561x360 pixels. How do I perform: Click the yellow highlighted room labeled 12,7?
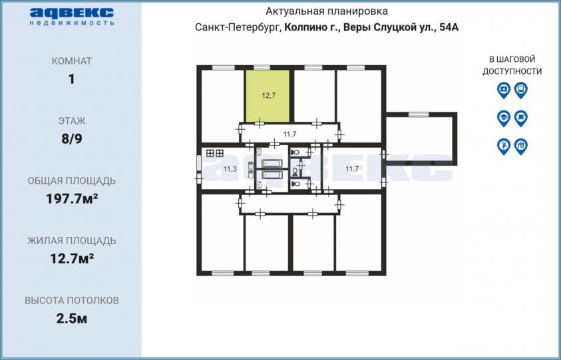tap(268, 96)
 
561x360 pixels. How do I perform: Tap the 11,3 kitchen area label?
tap(230, 169)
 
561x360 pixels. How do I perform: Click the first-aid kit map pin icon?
tap(504, 90)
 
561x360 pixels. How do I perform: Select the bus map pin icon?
tap(521, 90)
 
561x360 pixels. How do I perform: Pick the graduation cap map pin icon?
tap(504, 118)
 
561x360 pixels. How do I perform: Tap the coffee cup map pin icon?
tap(521, 118)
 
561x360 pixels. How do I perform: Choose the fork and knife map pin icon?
tap(521, 146)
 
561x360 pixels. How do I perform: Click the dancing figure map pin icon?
tap(504, 146)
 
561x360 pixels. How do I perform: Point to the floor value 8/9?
tap(72, 138)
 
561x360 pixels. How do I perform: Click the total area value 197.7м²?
tap(72, 198)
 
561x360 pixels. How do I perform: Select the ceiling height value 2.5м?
tap(72, 318)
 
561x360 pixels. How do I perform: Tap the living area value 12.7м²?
tap(72, 258)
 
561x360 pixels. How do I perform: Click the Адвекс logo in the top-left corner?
tap(72, 17)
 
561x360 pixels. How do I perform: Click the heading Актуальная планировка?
tap(326, 11)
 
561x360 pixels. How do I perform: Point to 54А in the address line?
tap(449, 27)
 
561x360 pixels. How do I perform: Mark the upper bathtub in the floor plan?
tap(272, 164)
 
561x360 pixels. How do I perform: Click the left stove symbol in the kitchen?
tap(210, 154)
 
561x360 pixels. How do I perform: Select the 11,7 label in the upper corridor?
tap(289, 134)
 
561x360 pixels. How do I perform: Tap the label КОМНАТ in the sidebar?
tap(72, 61)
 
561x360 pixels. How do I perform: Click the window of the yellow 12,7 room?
tap(262, 67)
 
